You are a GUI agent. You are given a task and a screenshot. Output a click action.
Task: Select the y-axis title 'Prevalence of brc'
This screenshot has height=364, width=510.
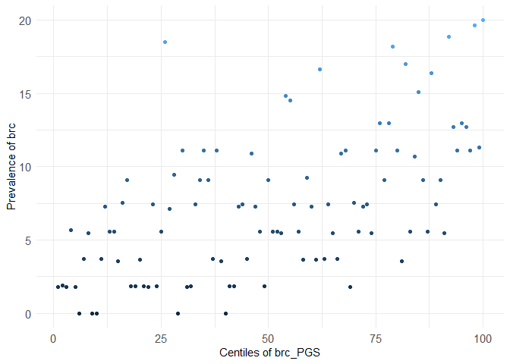[x=11, y=167]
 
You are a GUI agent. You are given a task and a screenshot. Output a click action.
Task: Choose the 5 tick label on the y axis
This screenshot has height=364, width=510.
[x=28, y=240]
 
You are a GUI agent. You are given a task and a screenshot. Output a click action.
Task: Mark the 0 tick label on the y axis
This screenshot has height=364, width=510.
[x=28, y=314]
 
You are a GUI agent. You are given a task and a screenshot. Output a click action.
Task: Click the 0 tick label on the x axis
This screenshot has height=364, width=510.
[x=53, y=337]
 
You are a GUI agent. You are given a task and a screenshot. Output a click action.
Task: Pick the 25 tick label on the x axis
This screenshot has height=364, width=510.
[x=161, y=337]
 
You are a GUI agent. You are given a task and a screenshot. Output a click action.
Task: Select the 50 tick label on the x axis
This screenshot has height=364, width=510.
[x=268, y=337]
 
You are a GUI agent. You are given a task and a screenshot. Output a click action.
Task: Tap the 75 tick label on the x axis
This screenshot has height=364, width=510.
[x=376, y=337]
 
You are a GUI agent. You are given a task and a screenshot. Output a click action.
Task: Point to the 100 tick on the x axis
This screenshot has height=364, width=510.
[x=483, y=337]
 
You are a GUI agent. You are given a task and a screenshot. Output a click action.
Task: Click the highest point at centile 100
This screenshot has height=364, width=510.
[x=483, y=20]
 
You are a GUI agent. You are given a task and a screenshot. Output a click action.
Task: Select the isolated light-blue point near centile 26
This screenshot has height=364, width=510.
[x=165, y=42]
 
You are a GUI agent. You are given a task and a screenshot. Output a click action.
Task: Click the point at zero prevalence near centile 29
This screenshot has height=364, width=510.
[x=178, y=313]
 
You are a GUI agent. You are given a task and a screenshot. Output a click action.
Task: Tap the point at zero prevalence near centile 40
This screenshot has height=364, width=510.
[x=225, y=313]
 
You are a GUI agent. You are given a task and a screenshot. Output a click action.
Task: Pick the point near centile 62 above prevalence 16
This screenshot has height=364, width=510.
[x=320, y=69]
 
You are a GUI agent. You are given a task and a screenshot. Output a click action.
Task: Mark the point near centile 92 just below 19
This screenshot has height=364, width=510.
[x=449, y=36]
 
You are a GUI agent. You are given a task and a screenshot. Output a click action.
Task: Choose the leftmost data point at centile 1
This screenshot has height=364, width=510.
[x=58, y=287]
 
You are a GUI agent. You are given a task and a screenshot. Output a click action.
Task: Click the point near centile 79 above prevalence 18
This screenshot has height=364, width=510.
[x=392, y=46]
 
